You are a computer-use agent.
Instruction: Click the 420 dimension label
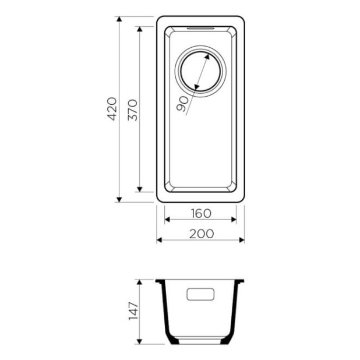coord(112,109)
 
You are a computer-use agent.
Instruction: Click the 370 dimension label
coord(133,109)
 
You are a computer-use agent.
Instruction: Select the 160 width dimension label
coord(200,213)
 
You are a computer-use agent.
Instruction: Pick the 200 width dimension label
coord(200,233)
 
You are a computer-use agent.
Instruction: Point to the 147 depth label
coord(133,311)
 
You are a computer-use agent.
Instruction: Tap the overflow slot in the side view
coord(200,294)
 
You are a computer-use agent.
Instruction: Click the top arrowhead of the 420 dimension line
coord(119,20)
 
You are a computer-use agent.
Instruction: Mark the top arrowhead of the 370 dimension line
coord(139,29)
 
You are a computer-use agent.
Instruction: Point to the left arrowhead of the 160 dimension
coord(168,220)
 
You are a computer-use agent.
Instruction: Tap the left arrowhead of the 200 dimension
coord(159,239)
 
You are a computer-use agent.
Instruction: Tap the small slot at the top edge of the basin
coord(200,27)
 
